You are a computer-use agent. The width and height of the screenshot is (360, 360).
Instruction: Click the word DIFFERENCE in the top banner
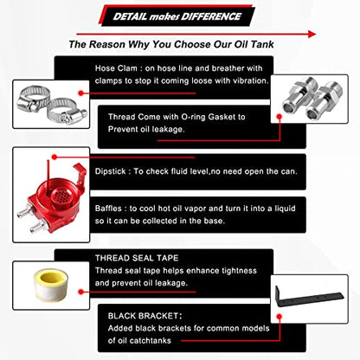click(x=212, y=16)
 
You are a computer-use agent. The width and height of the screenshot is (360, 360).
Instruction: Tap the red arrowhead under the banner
click(x=312, y=34)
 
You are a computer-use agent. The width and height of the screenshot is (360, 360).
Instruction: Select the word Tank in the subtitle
click(x=262, y=44)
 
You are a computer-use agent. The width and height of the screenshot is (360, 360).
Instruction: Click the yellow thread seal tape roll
click(x=51, y=285)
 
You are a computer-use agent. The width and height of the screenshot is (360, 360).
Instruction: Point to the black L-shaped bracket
click(x=309, y=298)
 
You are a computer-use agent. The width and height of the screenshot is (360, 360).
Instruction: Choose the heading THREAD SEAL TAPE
click(x=137, y=258)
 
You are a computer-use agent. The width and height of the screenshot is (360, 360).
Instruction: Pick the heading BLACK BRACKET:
click(x=145, y=316)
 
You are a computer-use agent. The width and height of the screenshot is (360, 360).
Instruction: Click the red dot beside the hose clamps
click(x=81, y=93)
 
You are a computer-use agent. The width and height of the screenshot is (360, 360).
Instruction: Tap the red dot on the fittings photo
click(x=279, y=117)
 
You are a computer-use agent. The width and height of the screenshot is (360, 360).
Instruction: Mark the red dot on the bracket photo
click(x=279, y=317)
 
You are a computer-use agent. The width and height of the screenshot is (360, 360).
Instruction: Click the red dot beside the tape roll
click(x=81, y=292)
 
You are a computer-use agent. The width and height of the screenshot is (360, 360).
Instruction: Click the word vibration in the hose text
click(x=251, y=80)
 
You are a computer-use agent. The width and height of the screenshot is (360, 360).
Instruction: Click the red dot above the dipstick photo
click(x=55, y=157)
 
